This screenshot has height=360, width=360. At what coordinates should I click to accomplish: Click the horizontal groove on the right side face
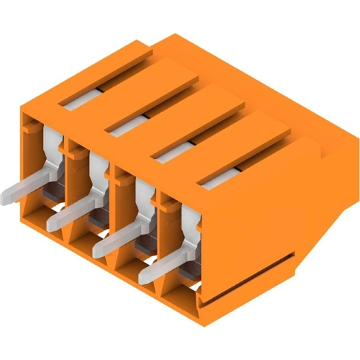point(248,272)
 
